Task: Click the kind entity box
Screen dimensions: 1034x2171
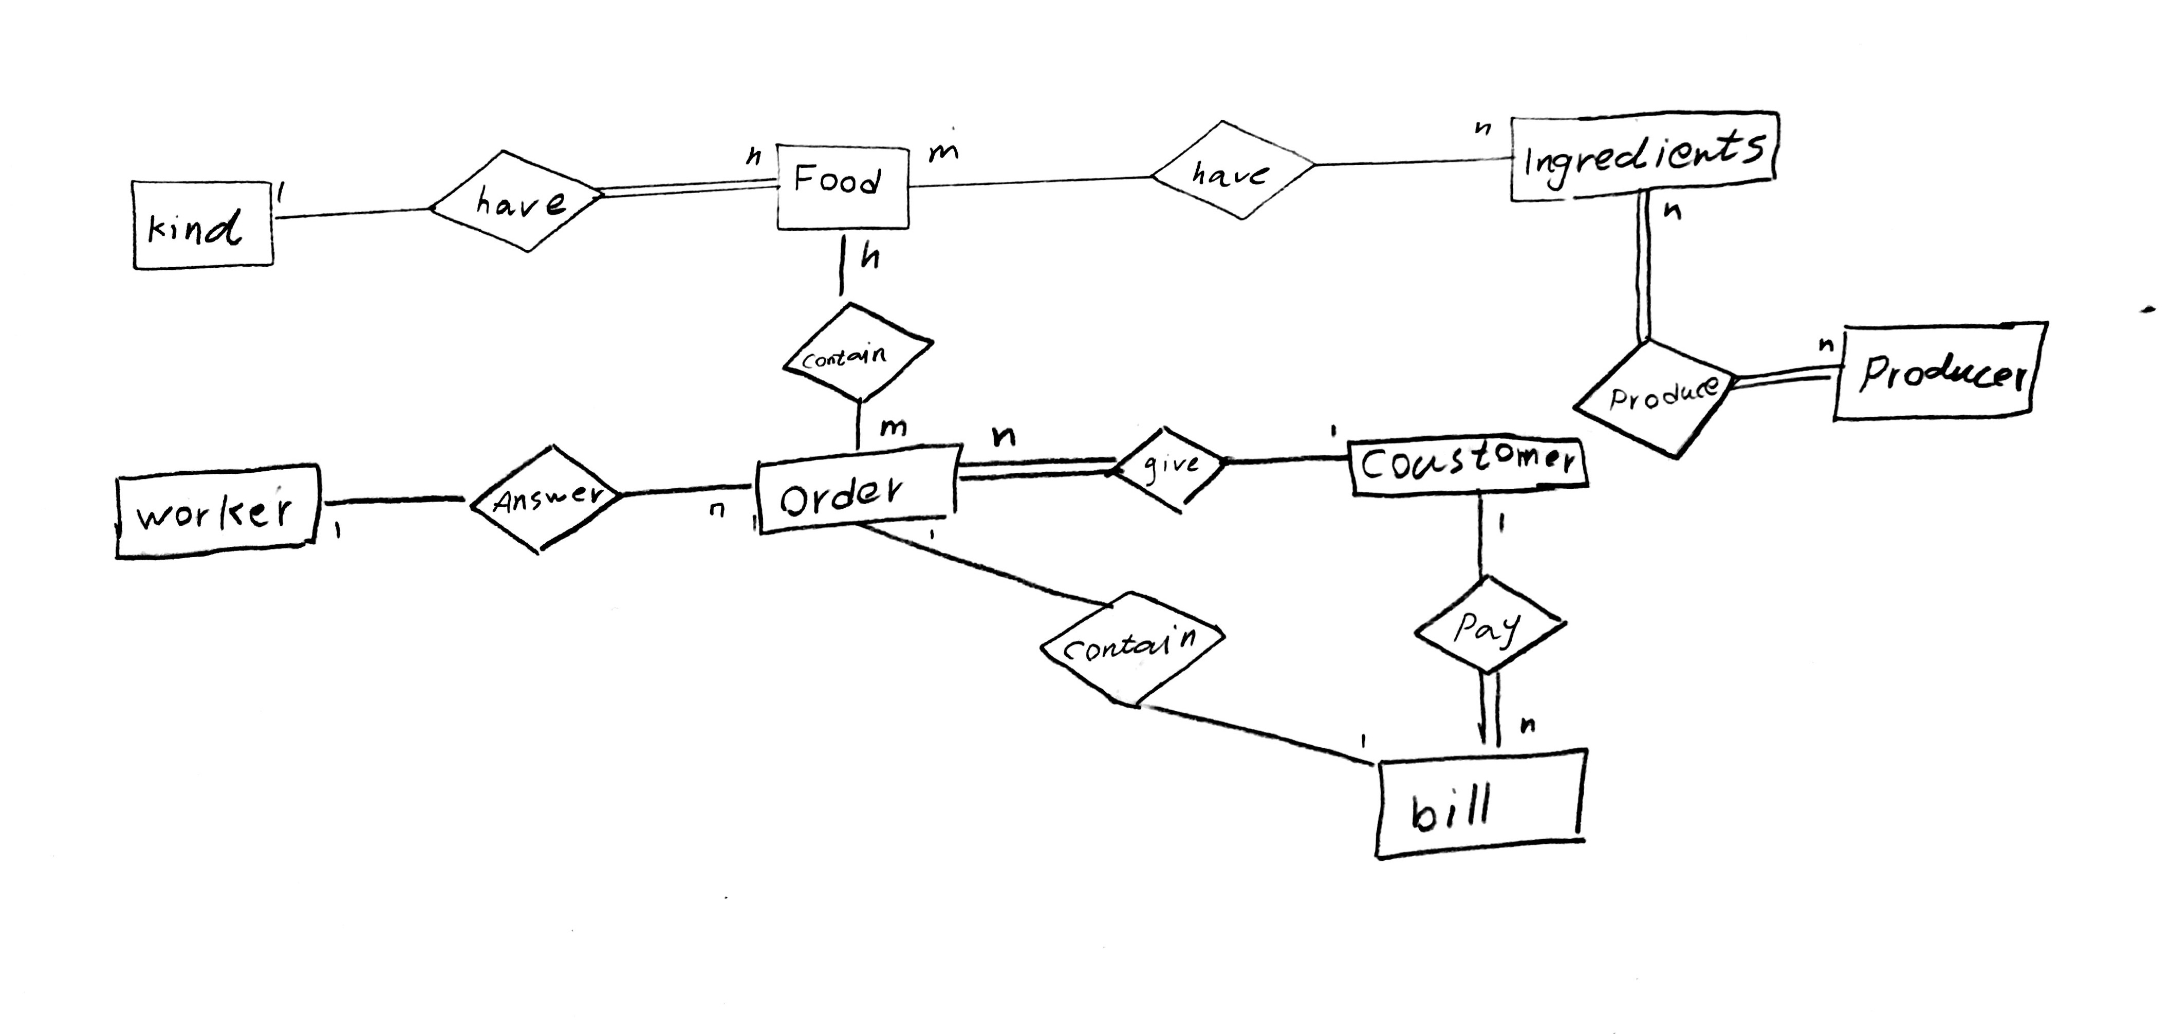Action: (202, 226)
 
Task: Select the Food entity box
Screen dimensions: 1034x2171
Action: (841, 187)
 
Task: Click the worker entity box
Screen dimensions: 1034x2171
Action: (217, 511)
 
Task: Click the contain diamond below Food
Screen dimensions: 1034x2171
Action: (856, 354)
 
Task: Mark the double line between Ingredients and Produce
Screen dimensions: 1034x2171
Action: (1643, 270)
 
